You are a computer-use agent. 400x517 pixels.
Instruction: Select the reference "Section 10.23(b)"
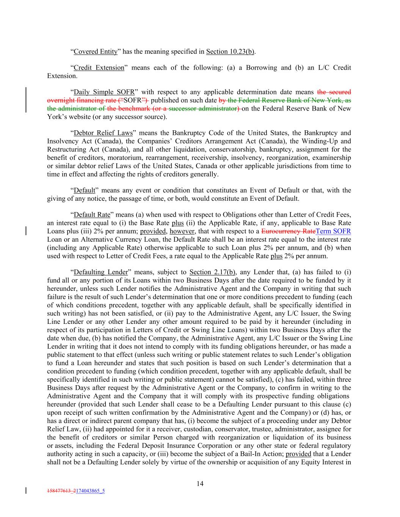tap(230, 52)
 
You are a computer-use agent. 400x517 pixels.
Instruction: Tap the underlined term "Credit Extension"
tap(99, 68)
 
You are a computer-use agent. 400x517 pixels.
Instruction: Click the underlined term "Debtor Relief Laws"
tap(103, 133)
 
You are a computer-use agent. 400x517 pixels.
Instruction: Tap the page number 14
tap(200, 484)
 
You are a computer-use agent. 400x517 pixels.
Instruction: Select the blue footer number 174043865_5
tap(90, 491)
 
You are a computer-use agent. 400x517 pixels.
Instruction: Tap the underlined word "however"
tap(182, 231)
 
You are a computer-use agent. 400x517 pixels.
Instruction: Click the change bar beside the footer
tap(26, 490)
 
